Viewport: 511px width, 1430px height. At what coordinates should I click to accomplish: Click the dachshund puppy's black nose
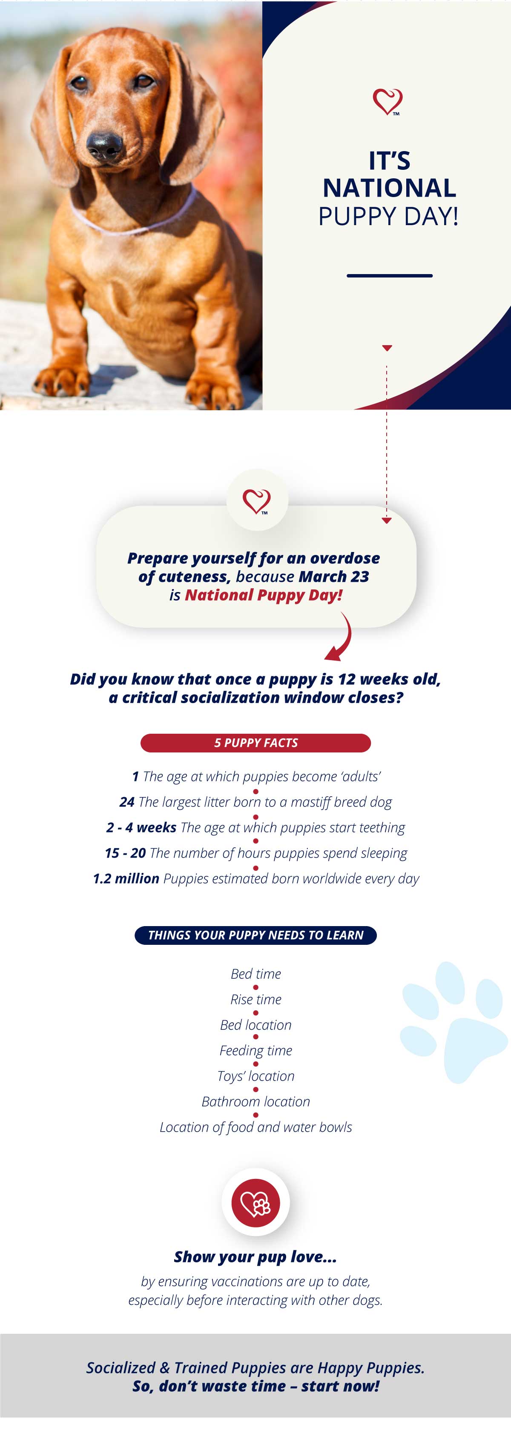(x=104, y=146)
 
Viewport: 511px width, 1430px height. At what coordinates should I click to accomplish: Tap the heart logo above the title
(x=387, y=102)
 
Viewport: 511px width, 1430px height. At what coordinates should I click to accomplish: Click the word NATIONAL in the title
(x=389, y=188)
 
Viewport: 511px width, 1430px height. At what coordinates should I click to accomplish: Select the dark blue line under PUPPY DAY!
(x=389, y=275)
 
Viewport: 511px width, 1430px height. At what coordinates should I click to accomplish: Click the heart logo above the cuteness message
(x=257, y=501)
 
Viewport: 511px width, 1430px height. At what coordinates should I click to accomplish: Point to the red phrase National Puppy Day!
(x=263, y=595)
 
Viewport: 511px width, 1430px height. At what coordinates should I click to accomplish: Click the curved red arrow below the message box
(x=340, y=637)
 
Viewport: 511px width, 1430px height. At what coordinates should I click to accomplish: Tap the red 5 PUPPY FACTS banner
(x=255, y=743)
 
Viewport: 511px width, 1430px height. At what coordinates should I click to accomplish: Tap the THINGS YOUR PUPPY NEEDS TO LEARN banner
(x=255, y=935)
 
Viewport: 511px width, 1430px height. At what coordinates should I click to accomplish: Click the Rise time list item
(x=255, y=999)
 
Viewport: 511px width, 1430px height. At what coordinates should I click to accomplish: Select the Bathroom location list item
(x=255, y=1101)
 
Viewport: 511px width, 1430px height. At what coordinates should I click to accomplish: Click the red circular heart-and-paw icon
(x=255, y=1202)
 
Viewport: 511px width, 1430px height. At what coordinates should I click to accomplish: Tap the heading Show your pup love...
(x=255, y=1257)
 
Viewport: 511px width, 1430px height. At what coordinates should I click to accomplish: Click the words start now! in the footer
(x=341, y=1386)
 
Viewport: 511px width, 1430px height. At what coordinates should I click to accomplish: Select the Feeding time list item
(x=255, y=1050)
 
